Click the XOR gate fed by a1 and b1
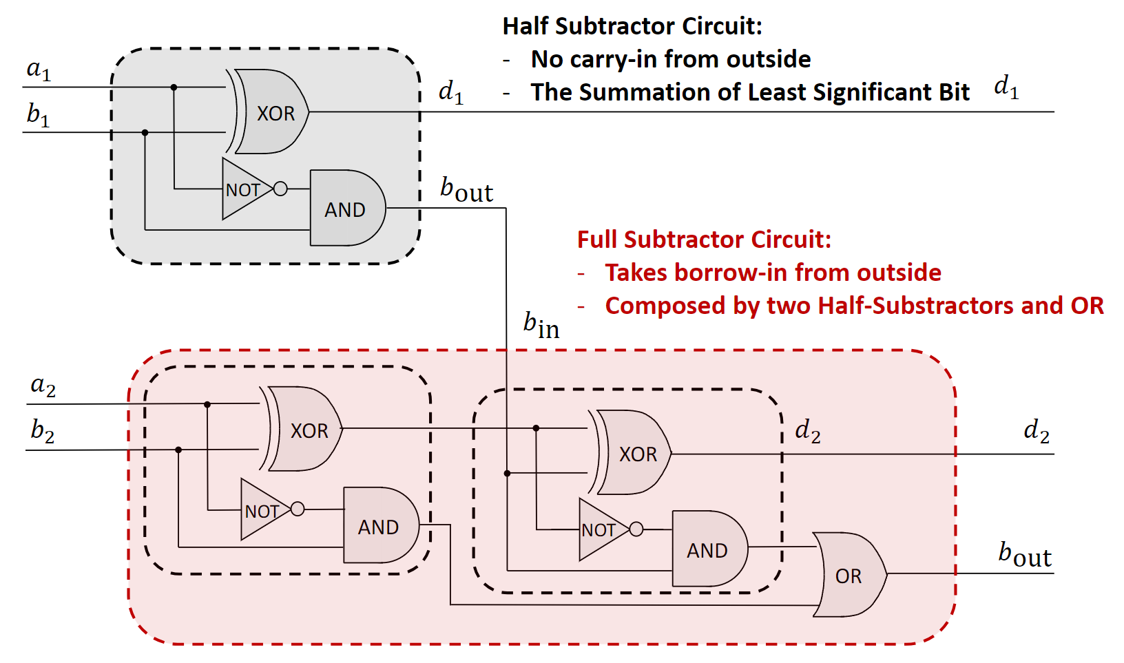[x=272, y=112]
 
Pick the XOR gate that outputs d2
[x=634, y=453]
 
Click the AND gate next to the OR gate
[x=708, y=549]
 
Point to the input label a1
[x=39, y=70]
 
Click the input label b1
[x=39, y=114]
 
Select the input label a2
[x=43, y=386]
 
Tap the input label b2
[x=43, y=431]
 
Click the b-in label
[x=541, y=325]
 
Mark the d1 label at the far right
[x=1006, y=87]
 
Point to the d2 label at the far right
[x=1037, y=431]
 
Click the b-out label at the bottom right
[x=1025, y=554]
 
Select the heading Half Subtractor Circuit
[x=632, y=26]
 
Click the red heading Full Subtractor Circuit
[x=704, y=240]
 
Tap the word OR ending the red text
[x=1087, y=306]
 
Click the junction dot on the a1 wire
[x=174, y=87]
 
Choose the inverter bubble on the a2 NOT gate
[x=298, y=509]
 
